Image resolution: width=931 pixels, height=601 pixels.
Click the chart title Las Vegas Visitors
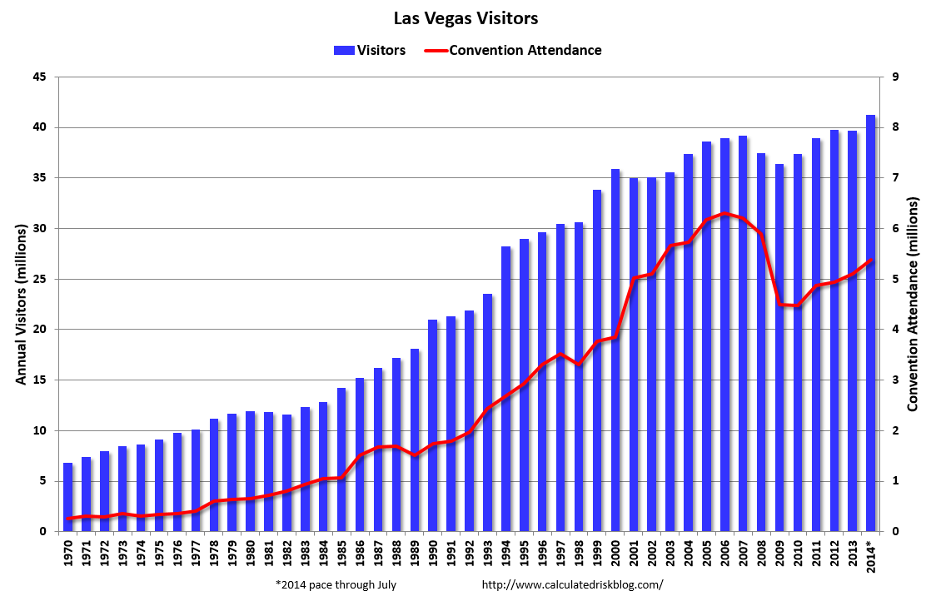[x=465, y=17]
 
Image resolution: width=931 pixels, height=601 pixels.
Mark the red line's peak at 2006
[x=724, y=214]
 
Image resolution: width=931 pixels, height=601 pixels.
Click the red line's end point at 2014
[x=870, y=261]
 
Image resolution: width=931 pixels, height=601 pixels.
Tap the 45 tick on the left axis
[x=40, y=77]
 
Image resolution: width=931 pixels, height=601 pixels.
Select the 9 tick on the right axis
[x=894, y=77]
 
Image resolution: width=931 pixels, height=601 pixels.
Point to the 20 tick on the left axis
[x=40, y=330]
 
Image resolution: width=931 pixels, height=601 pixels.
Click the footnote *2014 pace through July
[x=336, y=584]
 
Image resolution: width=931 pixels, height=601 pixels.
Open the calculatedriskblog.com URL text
[x=572, y=584]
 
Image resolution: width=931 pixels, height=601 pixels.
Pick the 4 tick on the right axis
[x=894, y=330]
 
